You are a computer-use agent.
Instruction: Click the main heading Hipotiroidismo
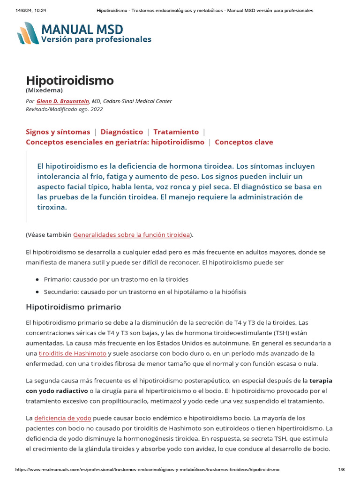(69, 80)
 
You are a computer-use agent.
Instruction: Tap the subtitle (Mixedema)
(44, 90)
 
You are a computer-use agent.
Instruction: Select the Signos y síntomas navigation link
(58, 132)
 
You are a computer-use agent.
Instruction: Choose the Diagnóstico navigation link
(122, 132)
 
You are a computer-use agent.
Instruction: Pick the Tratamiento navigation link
(176, 132)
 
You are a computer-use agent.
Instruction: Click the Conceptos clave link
(244, 142)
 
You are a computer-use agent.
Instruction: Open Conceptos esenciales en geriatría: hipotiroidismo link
(115, 142)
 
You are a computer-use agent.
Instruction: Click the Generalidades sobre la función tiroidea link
(132, 234)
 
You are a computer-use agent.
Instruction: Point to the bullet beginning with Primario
(116, 279)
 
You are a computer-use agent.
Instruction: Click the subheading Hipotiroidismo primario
(73, 307)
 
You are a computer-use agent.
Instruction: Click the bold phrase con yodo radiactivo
(56, 390)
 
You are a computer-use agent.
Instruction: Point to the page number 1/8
(341, 469)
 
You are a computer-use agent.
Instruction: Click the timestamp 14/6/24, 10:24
(27, 10)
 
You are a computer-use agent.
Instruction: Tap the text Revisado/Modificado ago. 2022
(64, 109)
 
